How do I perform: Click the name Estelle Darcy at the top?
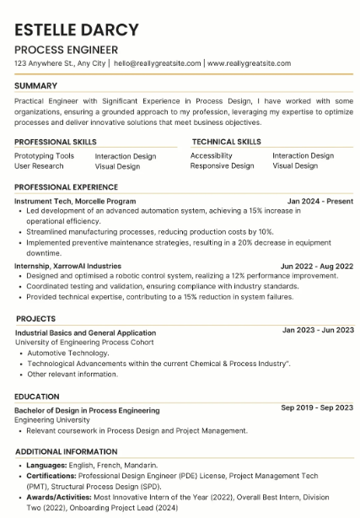coord(77,30)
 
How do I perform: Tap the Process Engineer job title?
coord(67,50)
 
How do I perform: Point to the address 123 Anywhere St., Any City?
coord(61,63)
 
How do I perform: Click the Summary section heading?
coord(36,86)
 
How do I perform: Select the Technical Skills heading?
coord(226,142)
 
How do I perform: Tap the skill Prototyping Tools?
coord(45,156)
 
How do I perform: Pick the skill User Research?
coord(39,166)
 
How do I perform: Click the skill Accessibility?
coord(212,156)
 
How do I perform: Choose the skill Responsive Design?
coord(222,166)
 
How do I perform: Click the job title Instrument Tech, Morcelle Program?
coord(75,202)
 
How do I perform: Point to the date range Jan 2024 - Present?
coord(320,202)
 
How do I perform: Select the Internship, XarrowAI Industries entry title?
coord(68,266)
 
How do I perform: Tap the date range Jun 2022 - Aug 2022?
coord(317,266)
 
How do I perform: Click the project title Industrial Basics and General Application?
coord(85,333)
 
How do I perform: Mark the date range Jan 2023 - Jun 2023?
coord(318,330)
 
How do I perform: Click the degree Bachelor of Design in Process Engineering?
coord(87,411)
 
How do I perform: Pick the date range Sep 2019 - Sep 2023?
coord(317,407)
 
